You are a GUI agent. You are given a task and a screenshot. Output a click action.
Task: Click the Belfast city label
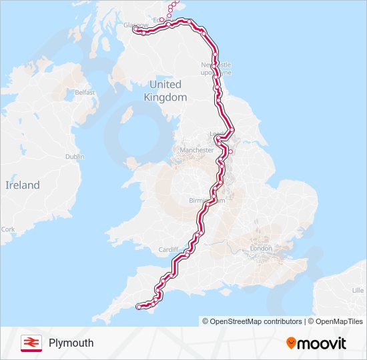click(x=85, y=92)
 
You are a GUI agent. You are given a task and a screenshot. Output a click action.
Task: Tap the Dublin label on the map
click(x=75, y=156)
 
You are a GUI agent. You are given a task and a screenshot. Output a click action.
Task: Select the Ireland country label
click(x=23, y=185)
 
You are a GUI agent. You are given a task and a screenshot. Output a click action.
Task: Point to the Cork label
click(x=8, y=229)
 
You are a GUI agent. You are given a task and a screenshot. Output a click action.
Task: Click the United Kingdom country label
click(x=165, y=91)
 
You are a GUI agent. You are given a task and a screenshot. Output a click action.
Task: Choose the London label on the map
click(x=261, y=248)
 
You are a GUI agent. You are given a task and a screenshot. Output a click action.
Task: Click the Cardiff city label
click(x=168, y=250)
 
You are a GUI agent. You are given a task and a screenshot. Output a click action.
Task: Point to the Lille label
click(x=358, y=291)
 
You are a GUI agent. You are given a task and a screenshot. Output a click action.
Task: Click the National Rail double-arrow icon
click(x=31, y=343)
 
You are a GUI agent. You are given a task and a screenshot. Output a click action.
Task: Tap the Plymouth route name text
click(x=71, y=343)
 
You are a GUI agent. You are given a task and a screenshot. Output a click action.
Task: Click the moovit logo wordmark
click(x=322, y=343)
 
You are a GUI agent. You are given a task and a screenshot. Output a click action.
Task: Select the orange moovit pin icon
click(x=292, y=343)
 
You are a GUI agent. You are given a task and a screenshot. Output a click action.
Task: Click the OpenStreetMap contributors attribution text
click(x=252, y=321)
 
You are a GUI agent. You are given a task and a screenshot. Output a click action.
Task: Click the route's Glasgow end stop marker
click(x=135, y=29)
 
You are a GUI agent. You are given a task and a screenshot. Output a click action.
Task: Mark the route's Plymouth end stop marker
click(x=139, y=307)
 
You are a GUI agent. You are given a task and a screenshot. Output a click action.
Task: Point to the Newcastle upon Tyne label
click(x=217, y=68)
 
